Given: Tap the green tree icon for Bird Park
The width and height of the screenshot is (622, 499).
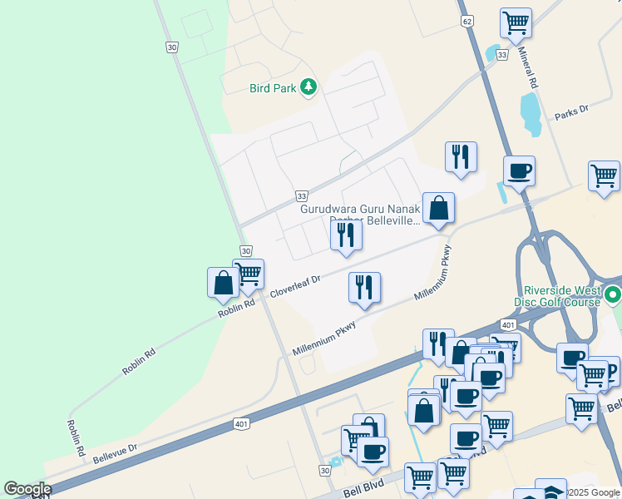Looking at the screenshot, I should (309, 86).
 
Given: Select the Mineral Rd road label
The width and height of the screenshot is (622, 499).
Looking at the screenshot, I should (529, 69).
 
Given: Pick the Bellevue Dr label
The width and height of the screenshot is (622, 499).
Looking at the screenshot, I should (115, 453).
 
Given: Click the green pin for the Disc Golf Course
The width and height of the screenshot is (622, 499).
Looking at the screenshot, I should (613, 294).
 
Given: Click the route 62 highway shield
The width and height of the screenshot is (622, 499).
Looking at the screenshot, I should (469, 20).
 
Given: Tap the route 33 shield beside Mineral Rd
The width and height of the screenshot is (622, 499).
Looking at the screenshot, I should (501, 54).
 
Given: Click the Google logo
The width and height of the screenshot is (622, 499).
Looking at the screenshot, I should (27, 489).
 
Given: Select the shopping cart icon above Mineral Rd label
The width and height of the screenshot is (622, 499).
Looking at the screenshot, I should (516, 22).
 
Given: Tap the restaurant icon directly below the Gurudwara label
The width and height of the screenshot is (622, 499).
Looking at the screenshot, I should (346, 235).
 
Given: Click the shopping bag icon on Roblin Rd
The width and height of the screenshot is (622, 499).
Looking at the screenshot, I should (223, 283).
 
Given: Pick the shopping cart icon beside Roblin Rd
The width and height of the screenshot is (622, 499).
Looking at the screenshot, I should (249, 274).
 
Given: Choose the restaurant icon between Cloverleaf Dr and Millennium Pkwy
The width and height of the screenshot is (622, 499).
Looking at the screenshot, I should (364, 288).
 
